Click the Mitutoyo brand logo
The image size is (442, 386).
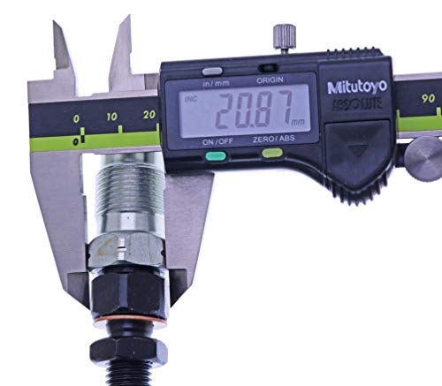click(357, 87)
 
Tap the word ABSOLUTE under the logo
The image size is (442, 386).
click(357, 104)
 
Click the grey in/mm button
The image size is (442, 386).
click(212, 72)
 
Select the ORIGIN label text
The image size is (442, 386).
click(270, 80)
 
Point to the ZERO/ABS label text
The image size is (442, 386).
click(273, 139)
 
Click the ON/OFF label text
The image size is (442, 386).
click(217, 141)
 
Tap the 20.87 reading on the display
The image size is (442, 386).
click(255, 110)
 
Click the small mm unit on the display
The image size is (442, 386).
click(298, 122)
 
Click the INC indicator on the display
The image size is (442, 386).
click(190, 99)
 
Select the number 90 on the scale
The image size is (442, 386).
click(428, 99)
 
